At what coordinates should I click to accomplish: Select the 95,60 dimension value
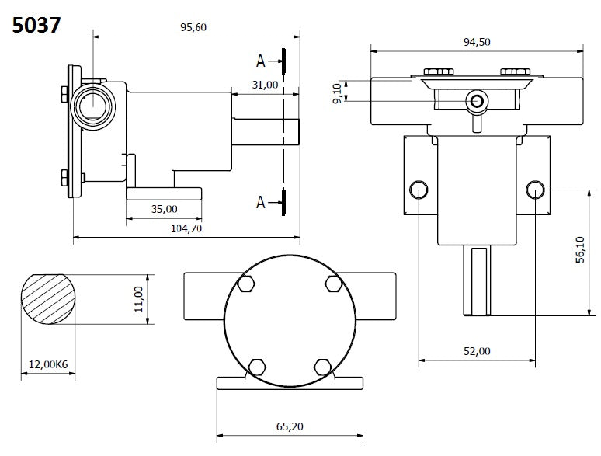[x=193, y=27]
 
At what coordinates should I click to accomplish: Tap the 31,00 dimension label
[x=265, y=85]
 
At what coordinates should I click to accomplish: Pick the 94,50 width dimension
[x=476, y=42]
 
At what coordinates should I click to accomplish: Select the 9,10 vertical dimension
[x=337, y=91]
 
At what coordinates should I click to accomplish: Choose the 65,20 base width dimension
[x=290, y=426]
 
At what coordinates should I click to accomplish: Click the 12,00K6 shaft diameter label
[x=47, y=364]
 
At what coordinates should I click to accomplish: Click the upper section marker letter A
[x=262, y=60]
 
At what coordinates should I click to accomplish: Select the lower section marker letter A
[x=262, y=202]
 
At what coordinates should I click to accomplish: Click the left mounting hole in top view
[x=419, y=188]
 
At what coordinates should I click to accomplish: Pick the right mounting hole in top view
[x=536, y=188]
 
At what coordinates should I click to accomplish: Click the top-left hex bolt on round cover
[x=247, y=284]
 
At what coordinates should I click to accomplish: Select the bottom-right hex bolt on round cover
[x=322, y=365]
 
